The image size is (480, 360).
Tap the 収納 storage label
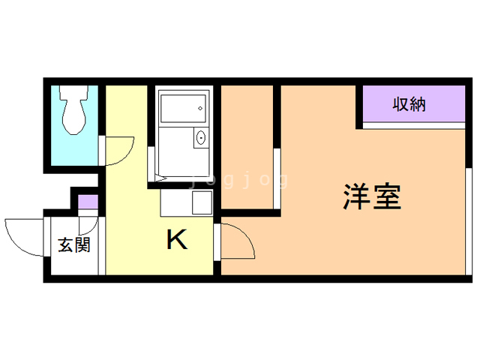[x=409, y=104]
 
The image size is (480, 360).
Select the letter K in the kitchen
[x=176, y=240]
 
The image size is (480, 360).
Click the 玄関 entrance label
[x=74, y=244]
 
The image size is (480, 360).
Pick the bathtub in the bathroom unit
[x=182, y=109]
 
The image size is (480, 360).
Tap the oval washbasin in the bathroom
[x=200, y=139]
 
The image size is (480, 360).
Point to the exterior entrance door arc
[x=22, y=232]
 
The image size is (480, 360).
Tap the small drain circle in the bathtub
[x=200, y=109]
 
